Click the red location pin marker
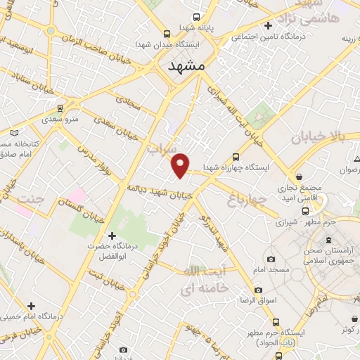[181, 165]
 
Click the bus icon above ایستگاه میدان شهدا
[167, 33]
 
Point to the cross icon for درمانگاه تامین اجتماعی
[267, 27]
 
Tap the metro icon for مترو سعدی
[60, 108]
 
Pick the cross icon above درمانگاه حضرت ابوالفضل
[111, 236]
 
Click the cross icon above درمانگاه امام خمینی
[31, 305]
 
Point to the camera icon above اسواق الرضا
[258, 290]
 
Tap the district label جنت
[33, 199]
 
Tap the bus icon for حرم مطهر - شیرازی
[304, 210]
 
